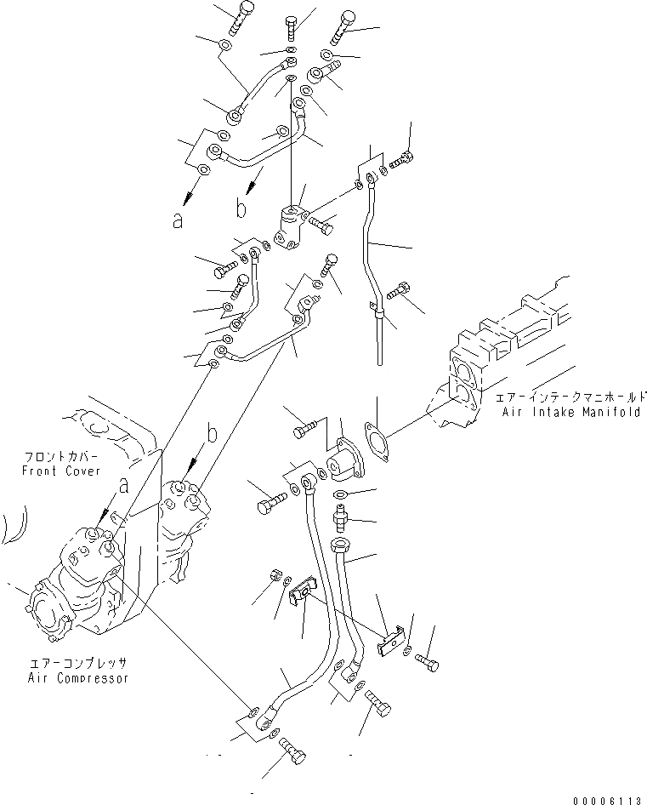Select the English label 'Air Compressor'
(78, 678)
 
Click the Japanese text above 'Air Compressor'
(78, 662)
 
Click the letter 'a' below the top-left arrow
(178, 220)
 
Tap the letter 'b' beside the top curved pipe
(241, 207)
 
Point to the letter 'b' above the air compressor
(212, 435)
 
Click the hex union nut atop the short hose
(339, 545)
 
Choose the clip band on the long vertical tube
(379, 318)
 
